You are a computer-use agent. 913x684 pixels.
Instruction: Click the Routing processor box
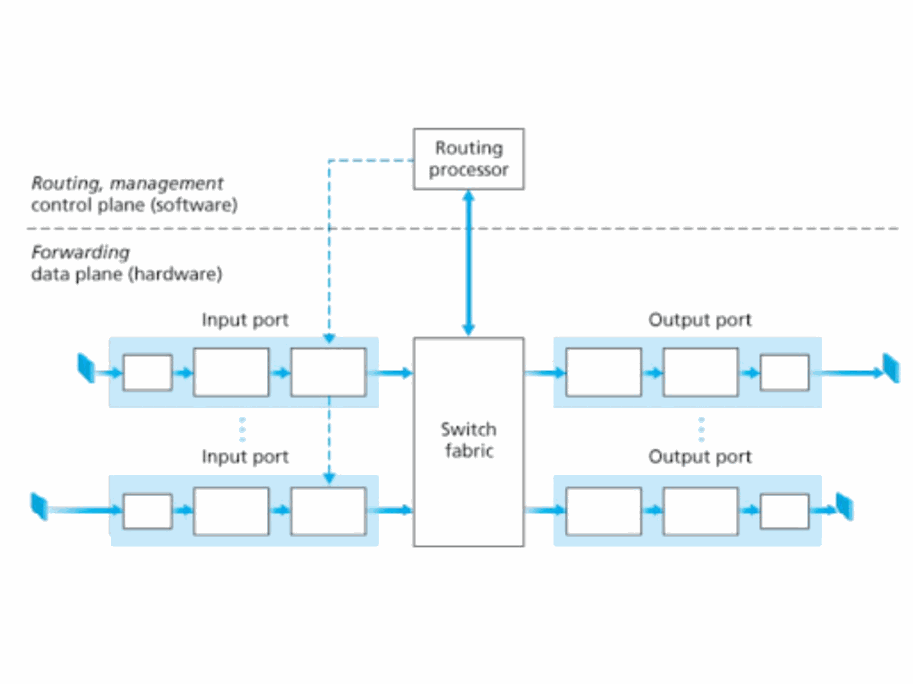coord(469,159)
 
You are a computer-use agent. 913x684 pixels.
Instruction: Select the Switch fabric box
coord(469,442)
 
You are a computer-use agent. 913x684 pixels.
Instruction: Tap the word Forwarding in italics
coord(80,252)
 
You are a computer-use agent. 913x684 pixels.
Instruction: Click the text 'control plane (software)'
coord(134,205)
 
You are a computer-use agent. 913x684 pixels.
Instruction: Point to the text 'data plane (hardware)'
coord(126,274)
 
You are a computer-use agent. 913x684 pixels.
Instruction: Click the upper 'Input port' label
coord(245,320)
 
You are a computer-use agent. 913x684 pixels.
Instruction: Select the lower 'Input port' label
coord(245,457)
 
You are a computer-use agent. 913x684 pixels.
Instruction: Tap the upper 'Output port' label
coord(700,320)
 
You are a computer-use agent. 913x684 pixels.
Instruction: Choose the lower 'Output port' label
coord(700,457)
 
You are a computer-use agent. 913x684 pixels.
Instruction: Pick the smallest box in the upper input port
coord(147,373)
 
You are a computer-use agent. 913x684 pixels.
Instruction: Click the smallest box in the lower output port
coord(785,511)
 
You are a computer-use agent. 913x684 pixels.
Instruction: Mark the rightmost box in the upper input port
coord(329,372)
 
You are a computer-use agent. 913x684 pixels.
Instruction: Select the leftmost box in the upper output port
coord(603,372)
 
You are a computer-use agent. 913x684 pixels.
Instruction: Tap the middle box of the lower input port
coord(231,511)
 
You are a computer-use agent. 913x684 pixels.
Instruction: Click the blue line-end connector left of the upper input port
coord(86,368)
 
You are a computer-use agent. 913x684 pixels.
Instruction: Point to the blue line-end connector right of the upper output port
coord(891,368)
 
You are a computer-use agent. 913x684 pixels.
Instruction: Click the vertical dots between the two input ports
coord(243,430)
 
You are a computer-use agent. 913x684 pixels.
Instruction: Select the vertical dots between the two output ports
coord(701,430)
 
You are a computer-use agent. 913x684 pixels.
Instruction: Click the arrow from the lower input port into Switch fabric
coord(390,511)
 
